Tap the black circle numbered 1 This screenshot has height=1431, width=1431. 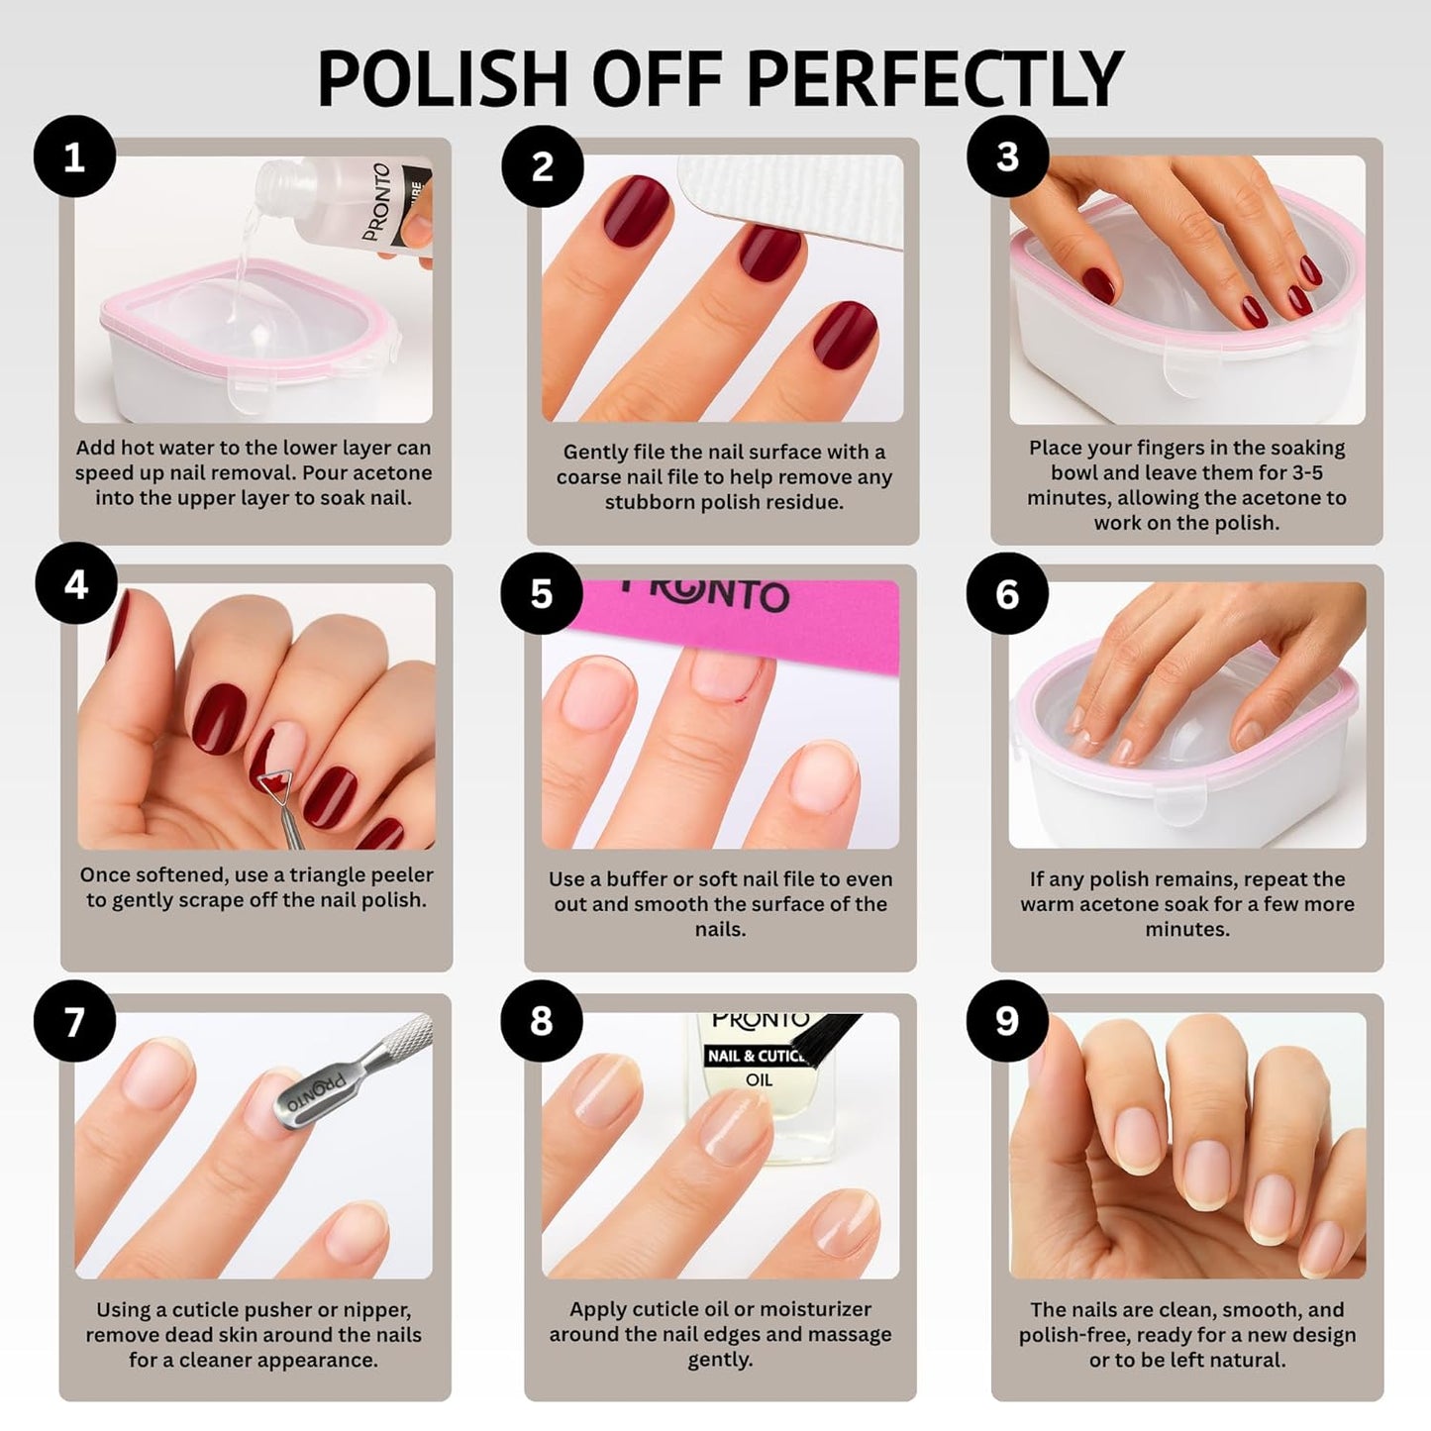tap(74, 157)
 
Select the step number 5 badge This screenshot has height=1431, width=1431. tap(541, 594)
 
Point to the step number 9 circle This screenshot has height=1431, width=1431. tap(1007, 1021)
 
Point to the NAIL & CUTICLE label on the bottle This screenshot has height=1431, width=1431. tap(755, 1057)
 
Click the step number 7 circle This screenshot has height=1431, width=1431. tap(74, 1021)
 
